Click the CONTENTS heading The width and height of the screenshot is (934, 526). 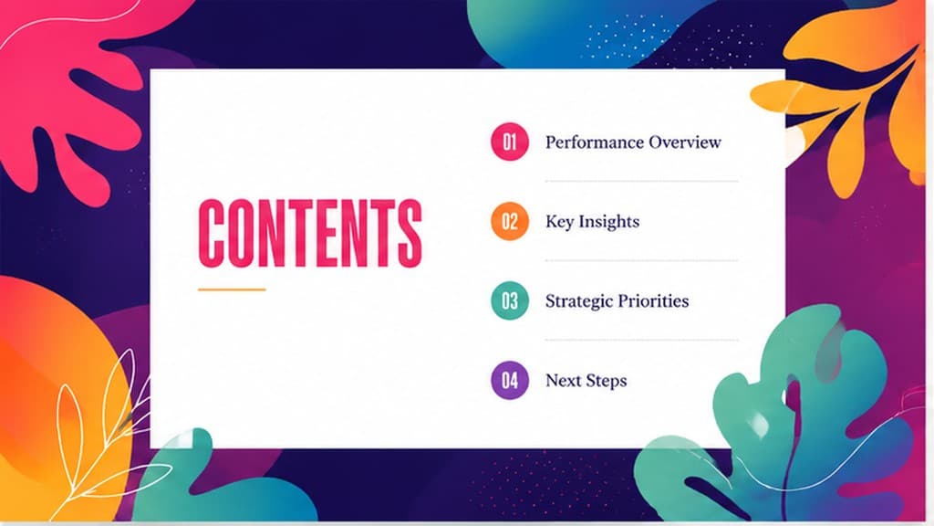point(310,233)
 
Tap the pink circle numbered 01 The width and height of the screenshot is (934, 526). point(509,142)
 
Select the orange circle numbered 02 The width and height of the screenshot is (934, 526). point(509,221)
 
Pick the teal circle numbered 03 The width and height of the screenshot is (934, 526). point(509,300)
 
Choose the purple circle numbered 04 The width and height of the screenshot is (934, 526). point(509,380)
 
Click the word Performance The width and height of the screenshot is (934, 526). point(595,142)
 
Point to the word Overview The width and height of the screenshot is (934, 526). point(685,142)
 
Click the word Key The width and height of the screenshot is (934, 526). point(559,222)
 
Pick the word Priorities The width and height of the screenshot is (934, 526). point(652,300)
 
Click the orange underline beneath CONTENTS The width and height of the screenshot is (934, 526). point(232,289)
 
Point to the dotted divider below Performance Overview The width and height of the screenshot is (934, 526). point(641,181)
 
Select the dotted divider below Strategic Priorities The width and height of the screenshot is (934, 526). point(641,340)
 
